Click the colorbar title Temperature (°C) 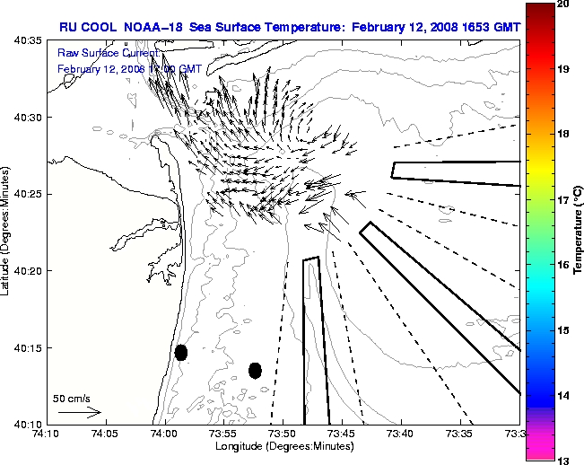coord(579,232)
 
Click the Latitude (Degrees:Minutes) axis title coord(6,232)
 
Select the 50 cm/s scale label coord(71,398)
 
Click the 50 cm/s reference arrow coord(78,412)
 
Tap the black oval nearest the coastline coord(181,352)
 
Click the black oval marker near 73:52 coord(255,370)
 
